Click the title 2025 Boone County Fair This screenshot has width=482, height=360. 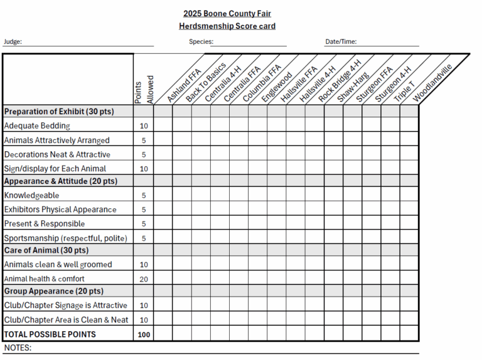[227, 13]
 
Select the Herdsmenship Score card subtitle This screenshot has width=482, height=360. [227, 26]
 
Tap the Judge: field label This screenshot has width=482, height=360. [13, 42]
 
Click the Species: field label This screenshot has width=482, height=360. [201, 42]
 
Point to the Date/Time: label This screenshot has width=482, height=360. [341, 42]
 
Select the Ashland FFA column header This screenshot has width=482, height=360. [183, 85]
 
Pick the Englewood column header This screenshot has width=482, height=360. [277, 87]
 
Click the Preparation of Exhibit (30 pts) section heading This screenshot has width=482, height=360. [59, 112]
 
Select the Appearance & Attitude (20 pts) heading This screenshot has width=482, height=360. [60, 181]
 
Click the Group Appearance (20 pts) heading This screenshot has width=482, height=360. [53, 292]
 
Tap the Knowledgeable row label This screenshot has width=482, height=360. [32, 195]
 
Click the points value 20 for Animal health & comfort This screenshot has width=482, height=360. [144, 278]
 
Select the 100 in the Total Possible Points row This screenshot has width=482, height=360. [144, 334]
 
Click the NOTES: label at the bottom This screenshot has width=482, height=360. [18, 347]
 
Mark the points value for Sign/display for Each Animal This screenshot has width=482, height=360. [144, 168]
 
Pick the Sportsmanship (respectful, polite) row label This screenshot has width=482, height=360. [65, 238]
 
